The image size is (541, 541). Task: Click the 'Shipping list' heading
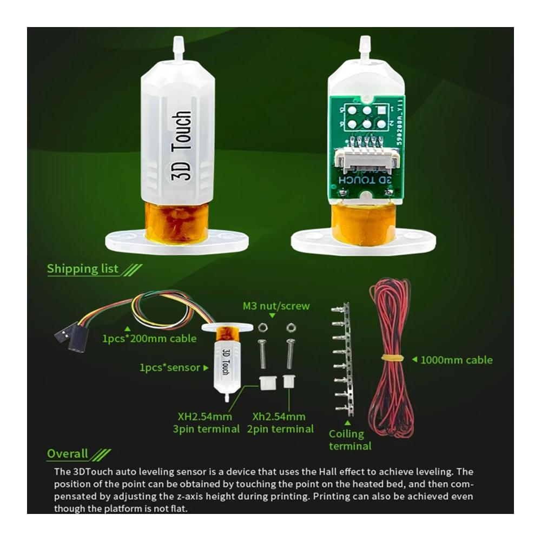pyautogui.click(x=82, y=268)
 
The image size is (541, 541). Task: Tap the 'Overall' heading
pyautogui.click(x=68, y=453)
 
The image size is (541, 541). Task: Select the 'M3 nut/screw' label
pyautogui.click(x=276, y=306)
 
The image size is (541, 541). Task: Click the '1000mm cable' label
pyautogui.click(x=456, y=360)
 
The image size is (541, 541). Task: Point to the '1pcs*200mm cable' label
pyautogui.click(x=149, y=339)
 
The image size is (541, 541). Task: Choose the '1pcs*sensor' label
pyautogui.click(x=170, y=367)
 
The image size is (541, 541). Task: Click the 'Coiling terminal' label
pyautogui.click(x=350, y=440)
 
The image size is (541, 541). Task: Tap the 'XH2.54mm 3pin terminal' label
pyautogui.click(x=206, y=423)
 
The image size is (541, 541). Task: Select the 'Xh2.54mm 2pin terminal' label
pyautogui.click(x=280, y=423)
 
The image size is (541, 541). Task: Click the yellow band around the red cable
pyautogui.click(x=393, y=357)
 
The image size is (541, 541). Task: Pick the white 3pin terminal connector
pyautogui.click(x=267, y=382)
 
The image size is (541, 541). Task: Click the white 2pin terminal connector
pyautogui.click(x=288, y=381)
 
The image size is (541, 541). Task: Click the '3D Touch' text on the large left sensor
pyautogui.click(x=181, y=146)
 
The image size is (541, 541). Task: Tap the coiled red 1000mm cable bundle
pyautogui.click(x=391, y=358)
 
